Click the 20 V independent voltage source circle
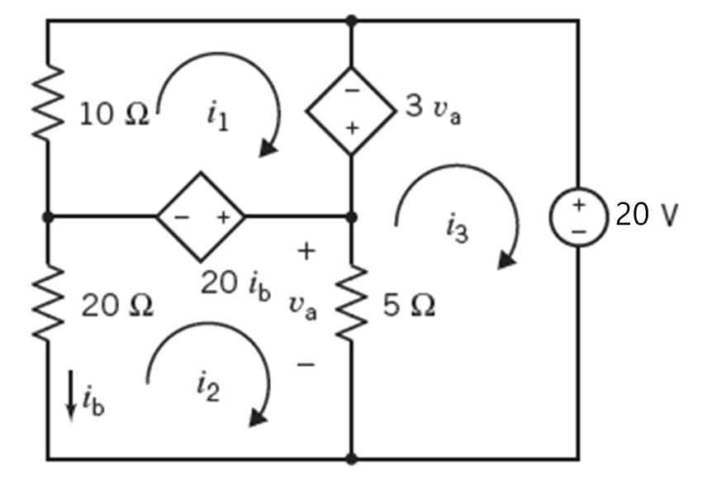pos(578,216)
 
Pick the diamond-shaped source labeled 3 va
pos(352,110)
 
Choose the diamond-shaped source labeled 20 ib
pos(201,217)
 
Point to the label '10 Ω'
pos(114,116)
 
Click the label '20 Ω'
pos(117,307)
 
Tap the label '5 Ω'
pos(410,307)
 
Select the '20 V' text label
pos(646,216)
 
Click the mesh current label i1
pos(216,116)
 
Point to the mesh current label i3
pos(456,228)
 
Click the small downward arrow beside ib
pos(72,395)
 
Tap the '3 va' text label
pos(433,110)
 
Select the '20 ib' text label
pos(235,283)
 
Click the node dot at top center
pos(352,21)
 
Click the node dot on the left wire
pos(48,217)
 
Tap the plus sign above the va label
pos(306,250)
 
